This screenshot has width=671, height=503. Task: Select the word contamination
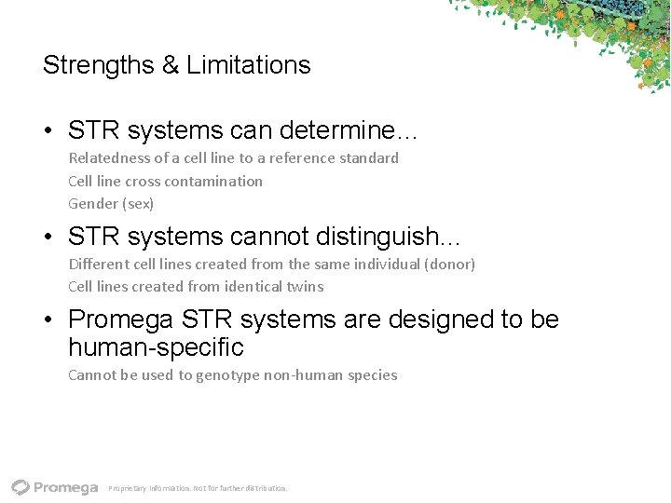click(x=215, y=181)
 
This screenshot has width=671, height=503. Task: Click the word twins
click(x=305, y=287)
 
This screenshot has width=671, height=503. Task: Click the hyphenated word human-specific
click(x=156, y=348)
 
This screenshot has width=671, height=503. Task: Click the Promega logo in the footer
click(x=55, y=487)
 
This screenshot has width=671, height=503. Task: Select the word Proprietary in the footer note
click(x=128, y=488)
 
